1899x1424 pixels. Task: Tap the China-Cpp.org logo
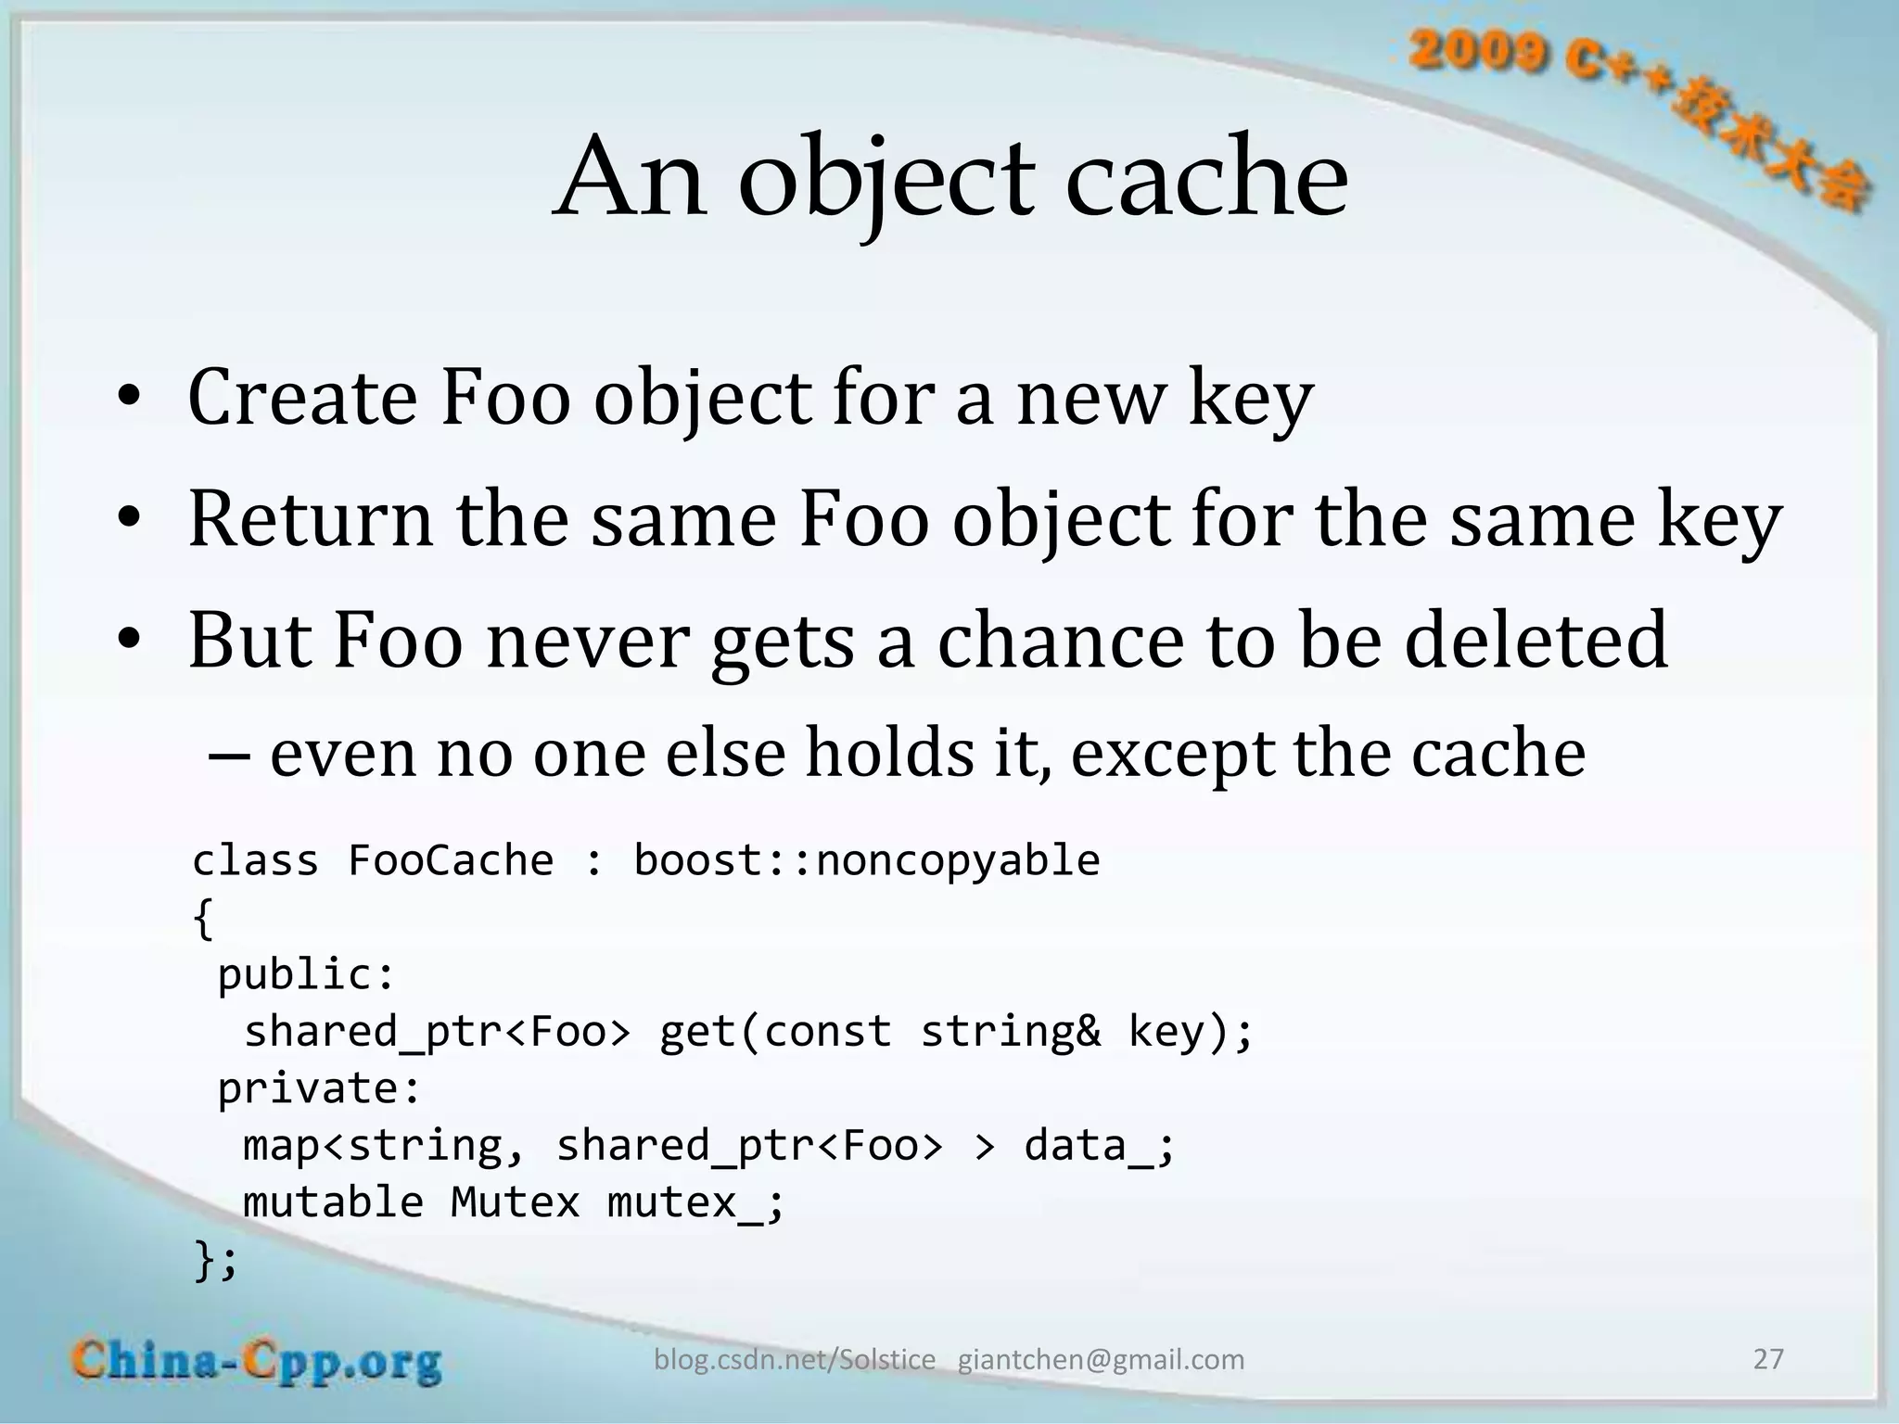click(257, 1362)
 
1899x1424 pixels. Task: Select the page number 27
click(1768, 1359)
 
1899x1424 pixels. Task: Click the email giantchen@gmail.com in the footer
click(1101, 1360)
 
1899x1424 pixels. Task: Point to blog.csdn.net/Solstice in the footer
click(795, 1360)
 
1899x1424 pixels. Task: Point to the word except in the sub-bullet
click(1171, 754)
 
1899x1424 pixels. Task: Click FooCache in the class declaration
click(451, 860)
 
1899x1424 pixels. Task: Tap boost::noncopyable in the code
click(866, 860)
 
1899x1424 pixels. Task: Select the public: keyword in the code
click(306, 974)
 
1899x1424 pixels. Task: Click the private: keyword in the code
click(319, 1088)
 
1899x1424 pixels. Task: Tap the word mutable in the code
click(333, 1202)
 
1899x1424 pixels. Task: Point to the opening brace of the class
click(203, 919)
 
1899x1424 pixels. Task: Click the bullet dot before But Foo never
click(129, 642)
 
